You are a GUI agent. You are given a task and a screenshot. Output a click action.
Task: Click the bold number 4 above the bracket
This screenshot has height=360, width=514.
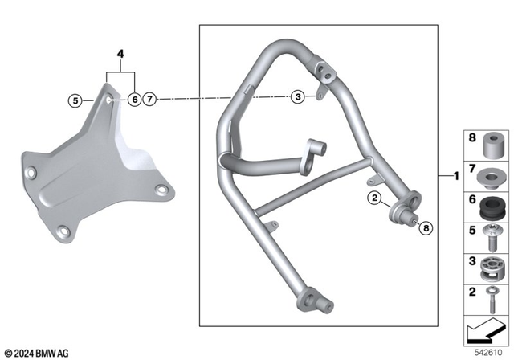pos(121,55)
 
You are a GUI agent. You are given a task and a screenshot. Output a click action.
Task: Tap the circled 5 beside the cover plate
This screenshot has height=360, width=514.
pos(75,100)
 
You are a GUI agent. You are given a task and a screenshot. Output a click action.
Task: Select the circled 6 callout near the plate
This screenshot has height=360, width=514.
pos(134,100)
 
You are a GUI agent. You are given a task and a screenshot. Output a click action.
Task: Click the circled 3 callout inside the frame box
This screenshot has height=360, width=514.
pos(298,97)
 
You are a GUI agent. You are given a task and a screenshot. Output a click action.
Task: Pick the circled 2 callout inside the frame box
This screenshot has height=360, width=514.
pos(374,198)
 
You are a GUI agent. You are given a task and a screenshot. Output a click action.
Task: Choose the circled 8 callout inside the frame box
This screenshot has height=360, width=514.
pos(426,228)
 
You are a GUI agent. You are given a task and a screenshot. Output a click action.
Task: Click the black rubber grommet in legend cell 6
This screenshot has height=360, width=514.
pos(487,208)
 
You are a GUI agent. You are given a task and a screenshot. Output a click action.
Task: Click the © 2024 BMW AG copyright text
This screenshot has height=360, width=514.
pos(36,353)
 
